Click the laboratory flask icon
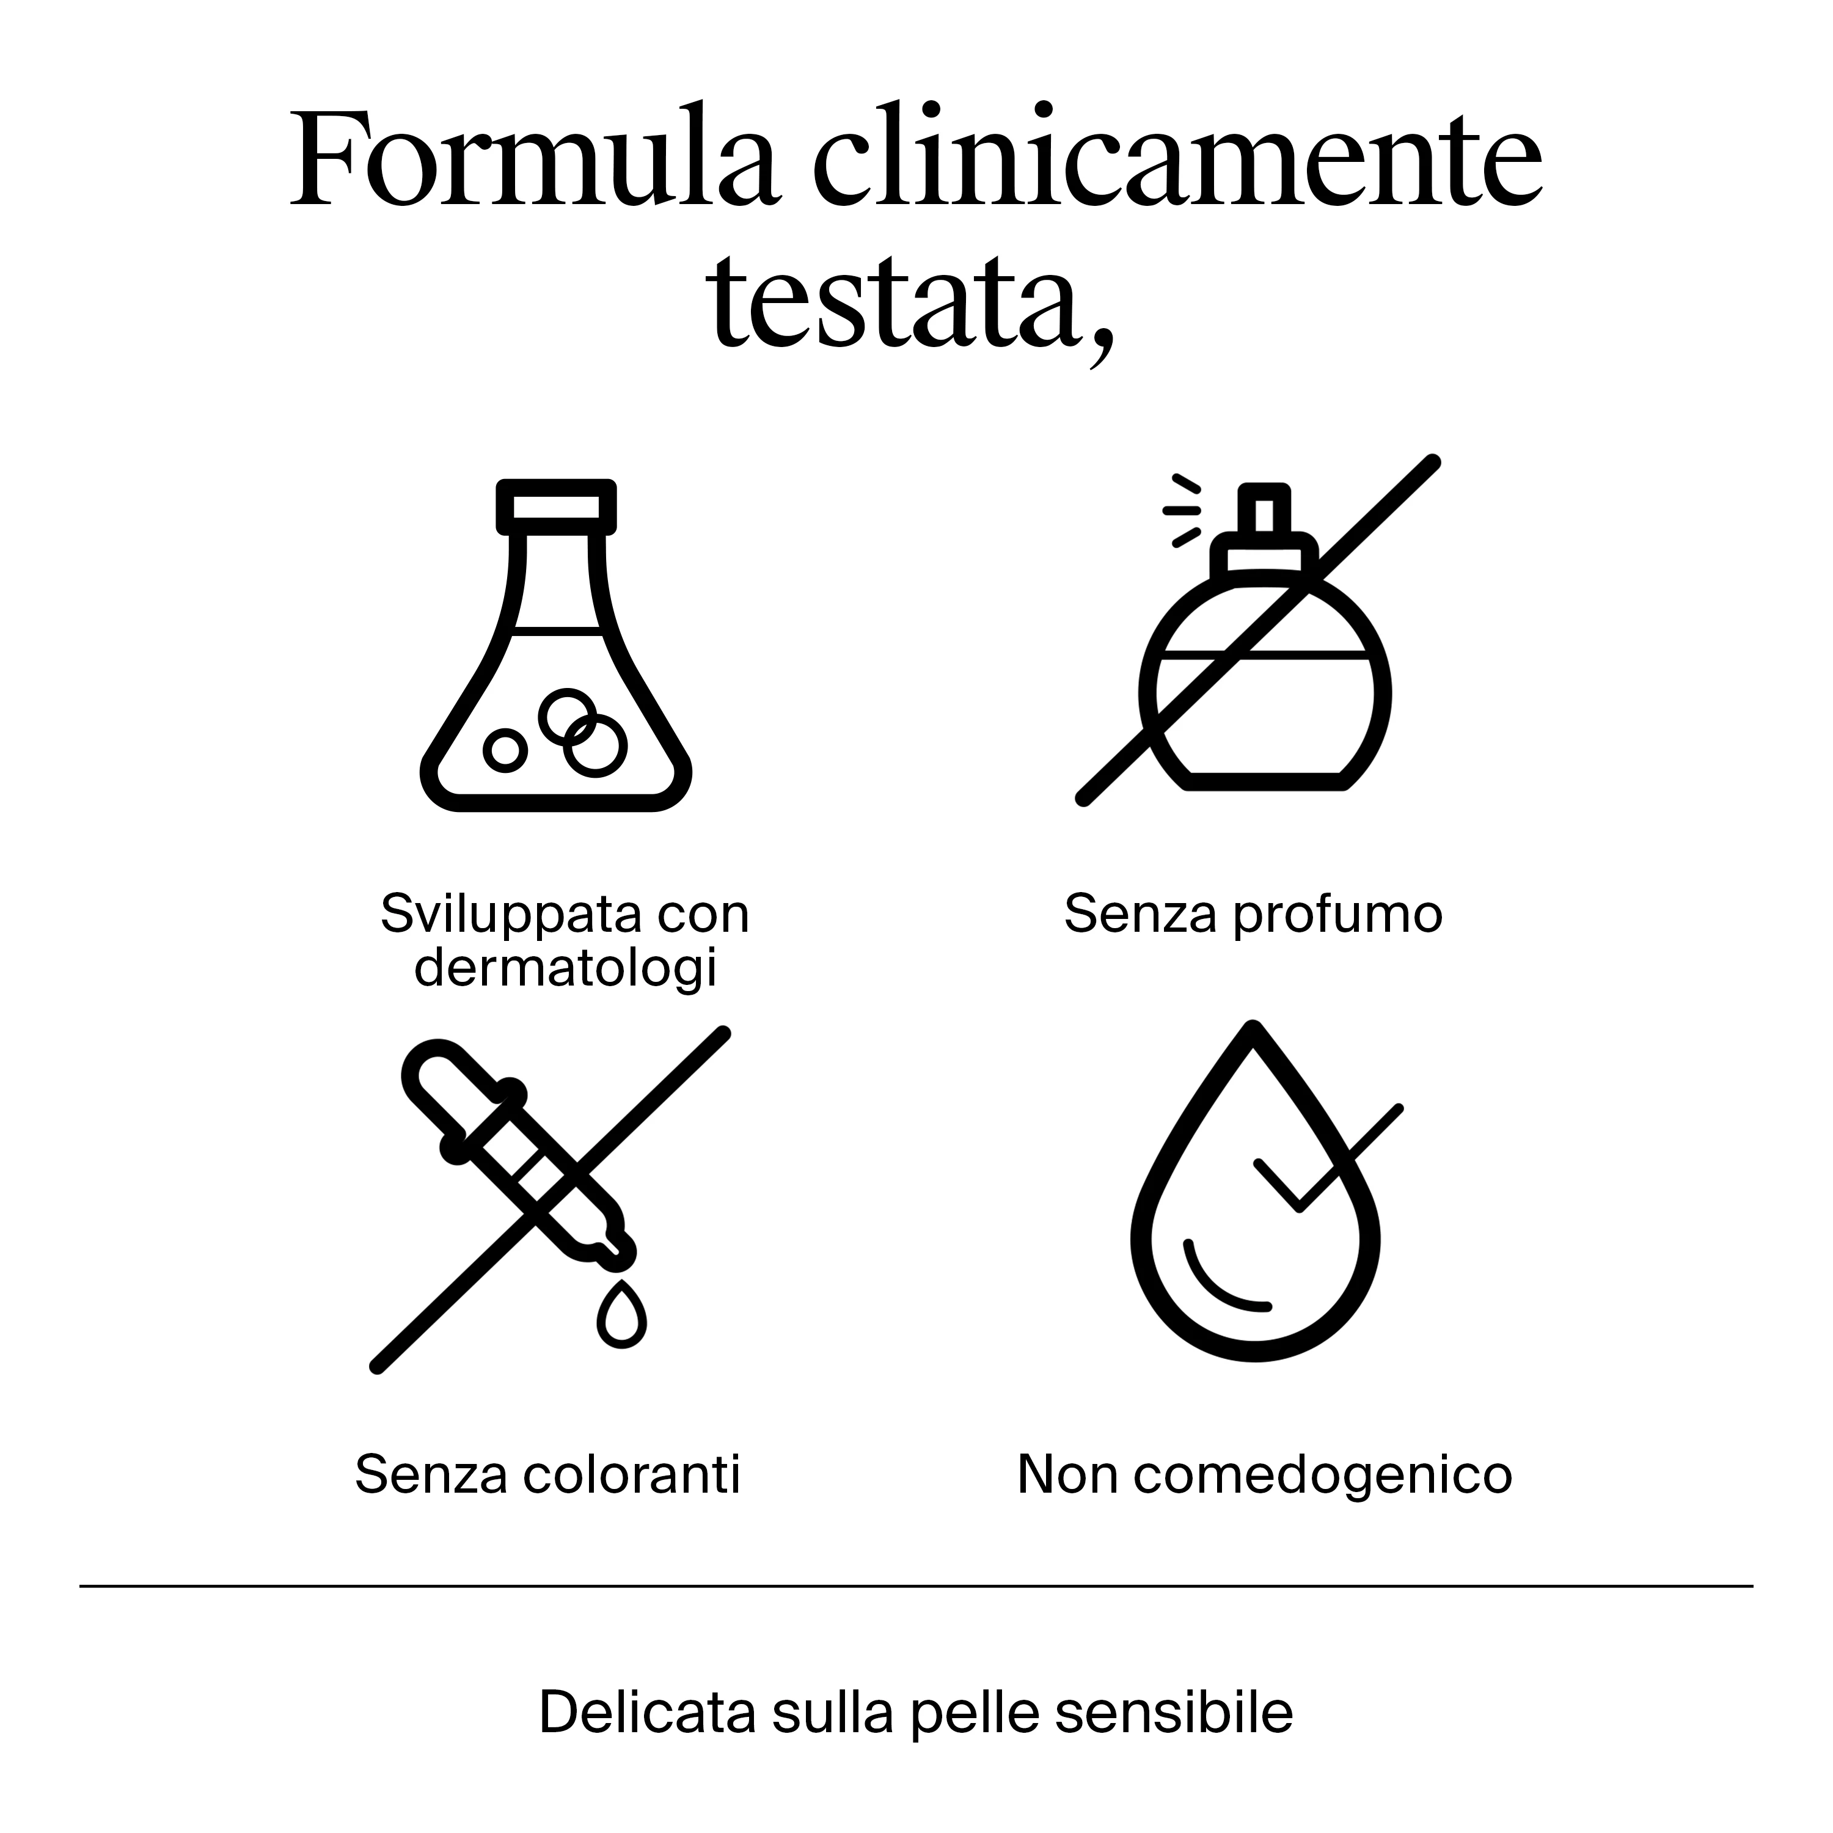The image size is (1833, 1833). (556, 645)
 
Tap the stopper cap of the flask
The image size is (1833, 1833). (556, 507)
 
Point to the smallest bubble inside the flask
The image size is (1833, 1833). (505, 750)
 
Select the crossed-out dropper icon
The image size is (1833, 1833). (551, 1200)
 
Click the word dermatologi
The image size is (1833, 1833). (565, 968)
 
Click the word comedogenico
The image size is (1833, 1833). (1323, 1476)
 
